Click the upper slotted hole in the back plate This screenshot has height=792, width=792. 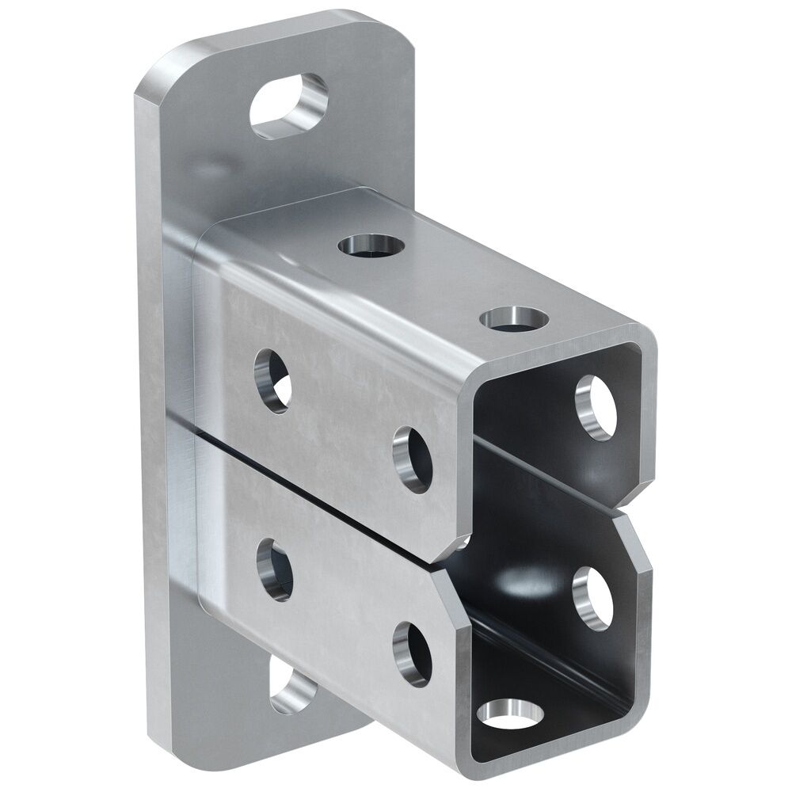289,106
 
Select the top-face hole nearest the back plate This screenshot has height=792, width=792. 371,246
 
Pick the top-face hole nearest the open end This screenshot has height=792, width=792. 514,318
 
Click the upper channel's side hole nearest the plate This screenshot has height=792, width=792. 272,380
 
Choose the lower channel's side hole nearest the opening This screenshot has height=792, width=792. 412,654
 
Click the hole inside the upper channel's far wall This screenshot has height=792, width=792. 596,407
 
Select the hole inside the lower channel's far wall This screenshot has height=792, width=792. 593,598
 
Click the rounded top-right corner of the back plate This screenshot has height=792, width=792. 400,32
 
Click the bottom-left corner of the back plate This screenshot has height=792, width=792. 158,741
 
